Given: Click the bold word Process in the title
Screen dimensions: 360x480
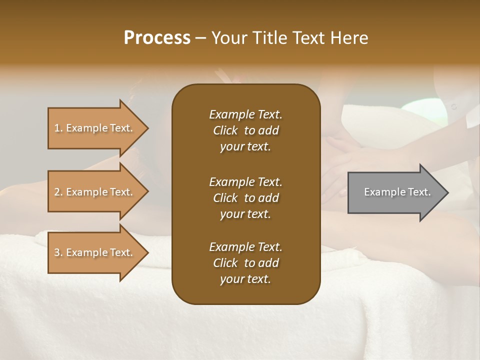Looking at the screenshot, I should point(157,38).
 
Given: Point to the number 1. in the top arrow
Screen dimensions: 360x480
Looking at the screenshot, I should point(58,128).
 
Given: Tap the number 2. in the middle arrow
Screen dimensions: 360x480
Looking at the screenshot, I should point(58,192).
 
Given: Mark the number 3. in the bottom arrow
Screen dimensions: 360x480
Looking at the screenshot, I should point(58,252).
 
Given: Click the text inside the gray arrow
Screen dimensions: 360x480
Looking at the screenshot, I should point(397,192).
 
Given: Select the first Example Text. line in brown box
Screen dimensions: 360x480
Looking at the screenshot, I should point(245,114).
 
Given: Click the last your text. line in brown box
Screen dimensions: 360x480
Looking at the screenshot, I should point(245,279).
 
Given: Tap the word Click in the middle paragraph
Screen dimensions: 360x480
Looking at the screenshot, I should point(225,198).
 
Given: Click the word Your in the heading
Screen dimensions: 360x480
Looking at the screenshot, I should point(227,38).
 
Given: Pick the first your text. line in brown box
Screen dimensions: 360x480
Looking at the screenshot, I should point(245,146).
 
